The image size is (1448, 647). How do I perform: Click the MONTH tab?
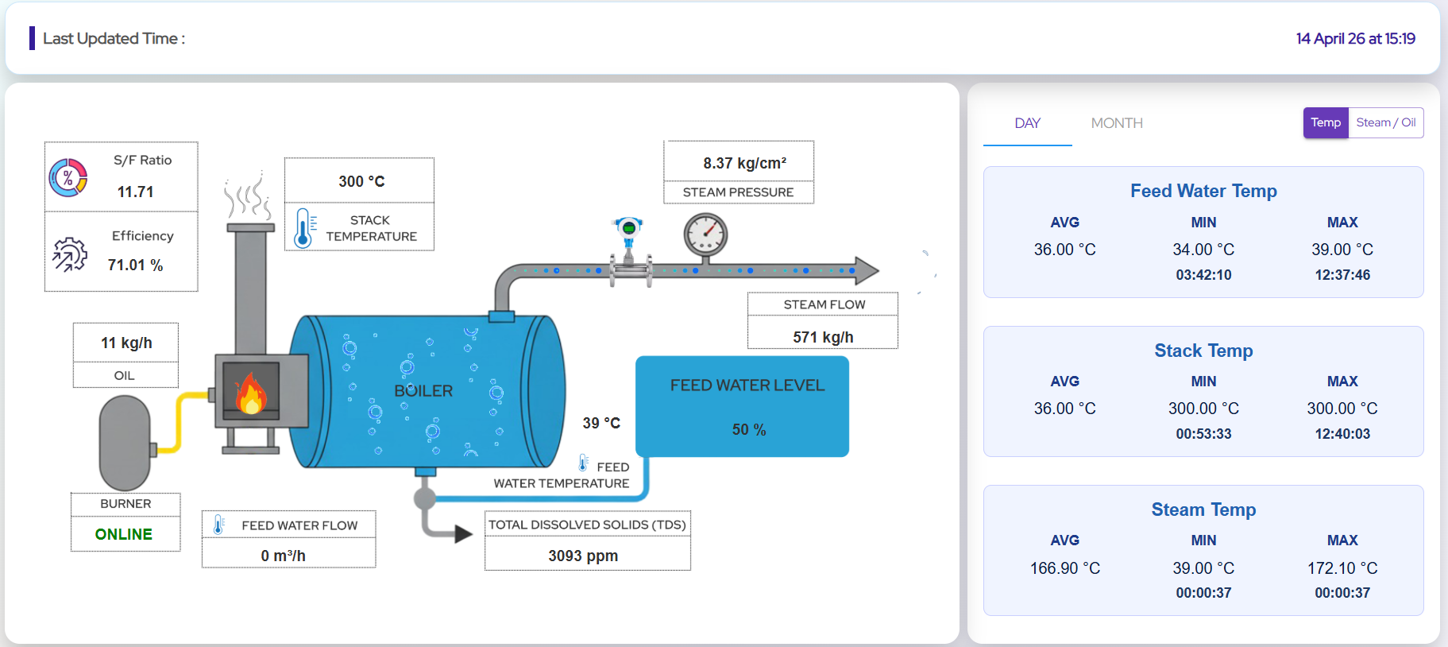[1116, 123]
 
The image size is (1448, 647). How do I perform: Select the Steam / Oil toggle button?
[1385, 122]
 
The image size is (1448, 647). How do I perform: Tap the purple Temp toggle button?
[1325, 122]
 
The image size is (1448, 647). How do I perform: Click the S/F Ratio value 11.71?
[135, 192]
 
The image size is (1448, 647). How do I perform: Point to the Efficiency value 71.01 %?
[135, 265]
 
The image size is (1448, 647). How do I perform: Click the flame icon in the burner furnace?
[250, 393]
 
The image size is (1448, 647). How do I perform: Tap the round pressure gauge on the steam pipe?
[705, 234]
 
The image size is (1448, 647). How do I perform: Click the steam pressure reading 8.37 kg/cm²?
[744, 163]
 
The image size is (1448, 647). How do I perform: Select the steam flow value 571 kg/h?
[823, 337]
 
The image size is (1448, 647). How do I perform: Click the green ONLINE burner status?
[124, 534]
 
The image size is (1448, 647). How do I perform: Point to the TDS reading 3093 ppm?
[583, 556]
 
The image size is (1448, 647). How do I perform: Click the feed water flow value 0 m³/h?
[284, 556]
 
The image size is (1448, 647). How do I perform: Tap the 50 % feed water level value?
[748, 429]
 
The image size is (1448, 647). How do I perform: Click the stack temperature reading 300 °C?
[361, 181]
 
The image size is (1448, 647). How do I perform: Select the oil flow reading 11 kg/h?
[126, 343]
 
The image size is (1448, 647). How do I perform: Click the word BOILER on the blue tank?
[423, 391]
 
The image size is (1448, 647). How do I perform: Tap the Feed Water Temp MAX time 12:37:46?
[1342, 275]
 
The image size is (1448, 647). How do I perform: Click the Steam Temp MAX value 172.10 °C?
[1342, 568]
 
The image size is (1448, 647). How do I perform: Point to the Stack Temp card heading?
[1203, 351]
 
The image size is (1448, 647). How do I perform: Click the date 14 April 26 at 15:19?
[1355, 38]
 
